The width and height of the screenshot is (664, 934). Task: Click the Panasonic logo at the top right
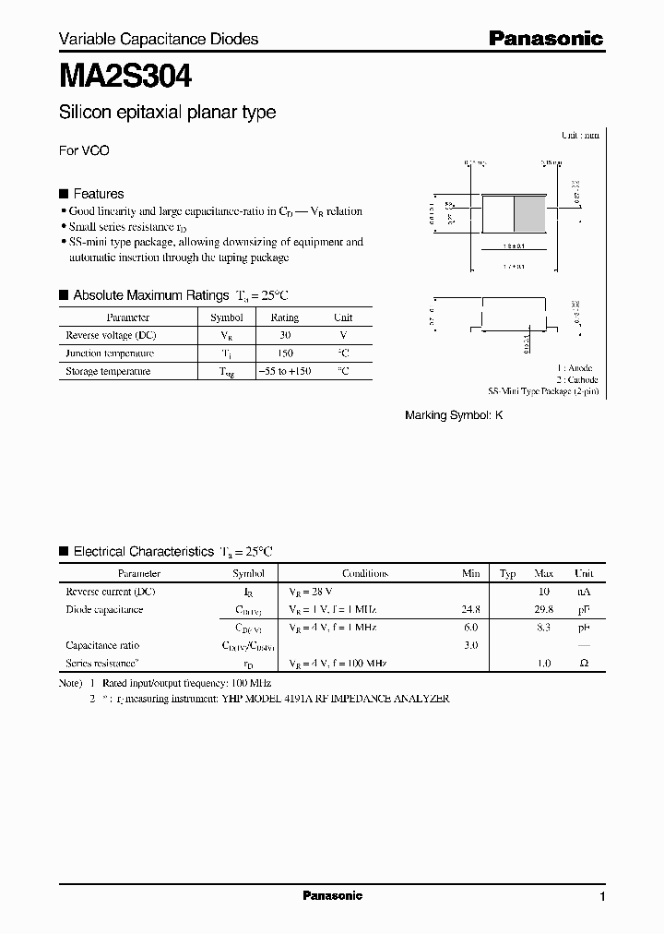pos(545,39)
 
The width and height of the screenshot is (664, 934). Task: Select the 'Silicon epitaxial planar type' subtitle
pos(167,113)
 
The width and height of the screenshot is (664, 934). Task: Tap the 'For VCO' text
pos(84,150)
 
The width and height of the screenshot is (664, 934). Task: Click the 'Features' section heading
pos(98,194)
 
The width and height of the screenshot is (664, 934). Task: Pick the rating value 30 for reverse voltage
pos(284,335)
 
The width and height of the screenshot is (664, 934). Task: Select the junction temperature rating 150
pos(284,353)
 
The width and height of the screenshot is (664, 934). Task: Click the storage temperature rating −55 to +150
pos(284,371)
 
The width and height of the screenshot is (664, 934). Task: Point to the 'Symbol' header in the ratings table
pos(227,317)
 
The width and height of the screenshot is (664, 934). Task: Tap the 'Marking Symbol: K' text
pos(454,415)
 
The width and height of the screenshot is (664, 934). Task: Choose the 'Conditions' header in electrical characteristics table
pos(365,573)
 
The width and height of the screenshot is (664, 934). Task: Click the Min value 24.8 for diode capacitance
pos(470,609)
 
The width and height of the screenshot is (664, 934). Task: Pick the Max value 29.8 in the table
pos(544,609)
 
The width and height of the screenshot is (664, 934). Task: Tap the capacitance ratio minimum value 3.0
pos(470,645)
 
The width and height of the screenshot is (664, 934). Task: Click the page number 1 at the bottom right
pos(602,897)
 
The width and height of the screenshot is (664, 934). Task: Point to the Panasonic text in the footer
pos(332,895)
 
